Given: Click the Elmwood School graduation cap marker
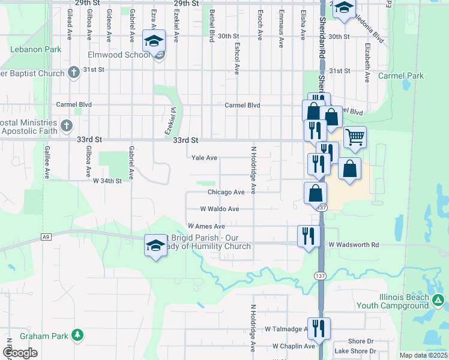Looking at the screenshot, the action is click(x=154, y=41).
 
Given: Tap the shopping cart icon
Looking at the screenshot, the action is click(x=355, y=137).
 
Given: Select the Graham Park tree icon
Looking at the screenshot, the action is click(x=77, y=334).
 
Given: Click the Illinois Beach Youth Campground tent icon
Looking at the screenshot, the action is click(x=439, y=299).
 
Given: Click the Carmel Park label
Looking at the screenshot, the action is click(x=400, y=76).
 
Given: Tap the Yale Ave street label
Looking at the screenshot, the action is click(x=203, y=158).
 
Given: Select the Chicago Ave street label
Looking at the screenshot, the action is click(x=226, y=192).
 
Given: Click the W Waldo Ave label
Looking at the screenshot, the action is click(x=220, y=209).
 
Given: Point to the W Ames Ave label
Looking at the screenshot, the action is click(x=206, y=226).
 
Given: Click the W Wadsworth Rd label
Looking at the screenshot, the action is click(x=354, y=245).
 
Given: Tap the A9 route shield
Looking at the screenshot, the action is click(x=46, y=237).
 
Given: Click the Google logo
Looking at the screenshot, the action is click(x=20, y=353).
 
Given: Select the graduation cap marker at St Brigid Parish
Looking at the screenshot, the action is click(x=155, y=245).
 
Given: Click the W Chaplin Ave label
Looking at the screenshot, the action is click(x=293, y=346).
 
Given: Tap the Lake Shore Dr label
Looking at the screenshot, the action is click(x=355, y=351).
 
